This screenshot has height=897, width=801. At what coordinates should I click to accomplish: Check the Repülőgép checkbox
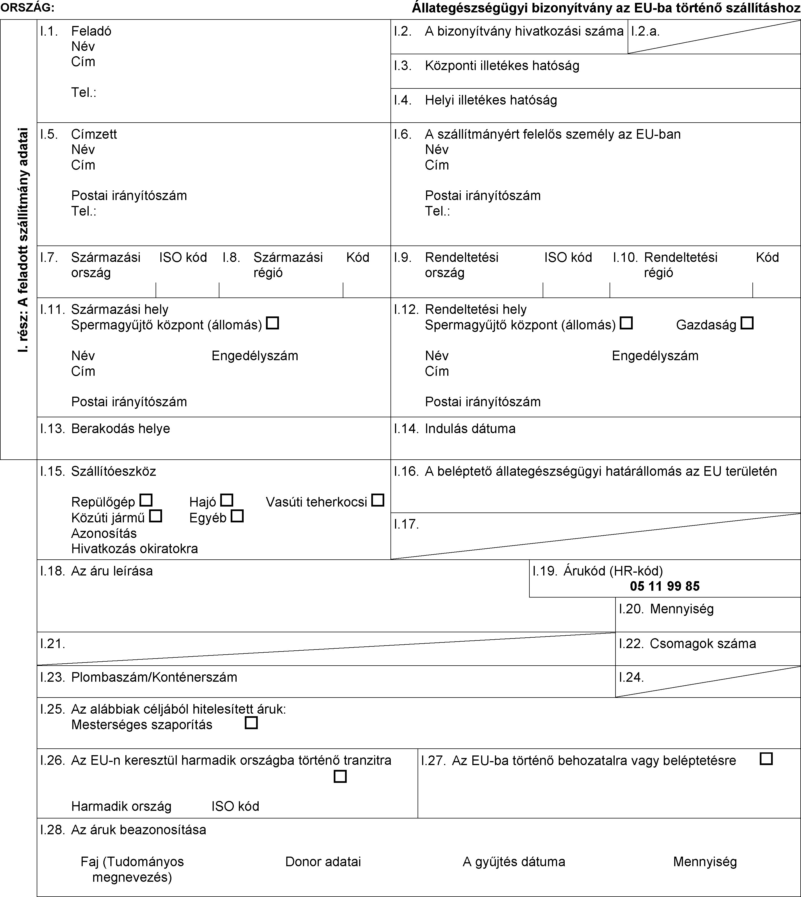pos(146,500)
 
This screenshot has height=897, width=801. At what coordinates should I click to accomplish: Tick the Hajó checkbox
pos(227,500)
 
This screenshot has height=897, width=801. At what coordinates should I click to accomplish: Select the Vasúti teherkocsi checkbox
pos(377,500)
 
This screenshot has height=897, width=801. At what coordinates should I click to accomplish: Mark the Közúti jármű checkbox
pos(155,516)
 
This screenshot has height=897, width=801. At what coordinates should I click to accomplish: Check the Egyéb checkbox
pos(237,516)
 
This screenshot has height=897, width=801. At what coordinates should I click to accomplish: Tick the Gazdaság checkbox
pos(747,323)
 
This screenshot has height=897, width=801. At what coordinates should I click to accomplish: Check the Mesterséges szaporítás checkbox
pos(251,723)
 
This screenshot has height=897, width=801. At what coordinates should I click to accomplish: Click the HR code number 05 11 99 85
pos(665,586)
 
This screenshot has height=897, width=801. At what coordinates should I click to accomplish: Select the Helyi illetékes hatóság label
pos(491,100)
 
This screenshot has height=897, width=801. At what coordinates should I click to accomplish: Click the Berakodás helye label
pos(121,429)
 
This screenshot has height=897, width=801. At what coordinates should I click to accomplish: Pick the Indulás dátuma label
pos(470,429)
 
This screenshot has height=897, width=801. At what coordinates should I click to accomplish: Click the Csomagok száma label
pos(703,643)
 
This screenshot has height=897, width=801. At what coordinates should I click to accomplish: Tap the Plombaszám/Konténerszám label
pos(154,677)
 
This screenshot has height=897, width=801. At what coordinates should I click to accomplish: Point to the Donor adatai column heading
pos(323,861)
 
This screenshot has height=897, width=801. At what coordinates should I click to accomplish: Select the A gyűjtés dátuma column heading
pos(514,861)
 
